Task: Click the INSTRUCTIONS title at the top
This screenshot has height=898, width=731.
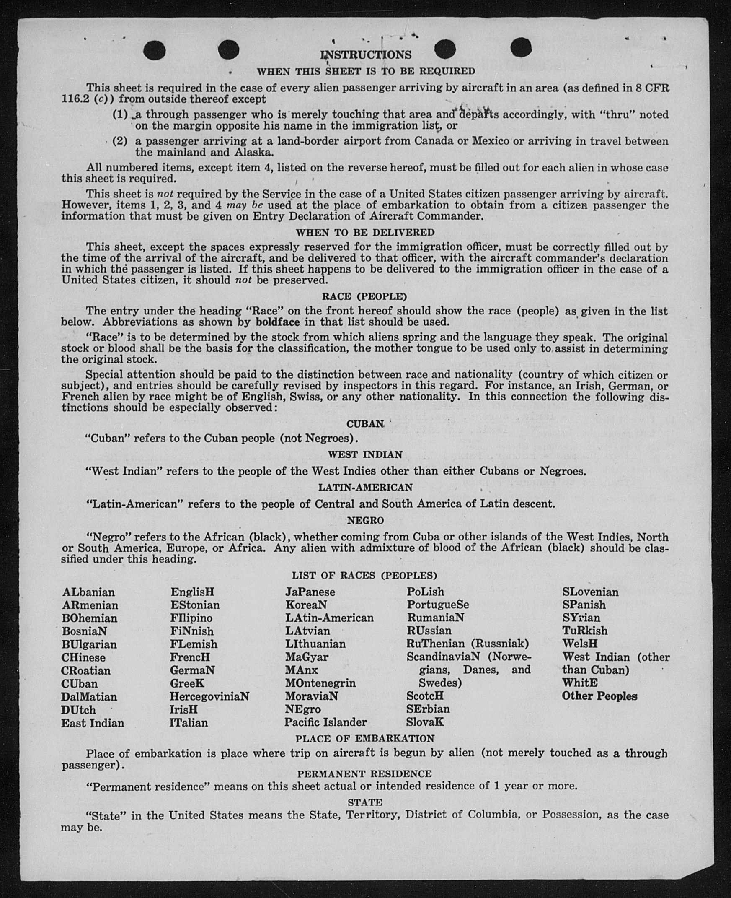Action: click(x=365, y=55)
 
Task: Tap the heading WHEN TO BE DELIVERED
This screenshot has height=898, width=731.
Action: click(x=365, y=233)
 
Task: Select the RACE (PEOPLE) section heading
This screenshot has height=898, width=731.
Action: click(x=364, y=296)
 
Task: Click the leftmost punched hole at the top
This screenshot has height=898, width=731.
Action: click(x=154, y=51)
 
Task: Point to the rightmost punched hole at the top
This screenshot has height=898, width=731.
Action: click(x=521, y=47)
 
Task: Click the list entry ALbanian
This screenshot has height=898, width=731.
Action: click(x=88, y=592)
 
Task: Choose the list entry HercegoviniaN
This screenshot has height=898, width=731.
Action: click(x=209, y=696)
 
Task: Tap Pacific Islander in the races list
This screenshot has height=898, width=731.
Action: click(x=325, y=722)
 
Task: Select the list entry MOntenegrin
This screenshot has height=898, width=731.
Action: click(x=320, y=683)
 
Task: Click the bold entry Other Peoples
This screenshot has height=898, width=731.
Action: click(x=599, y=696)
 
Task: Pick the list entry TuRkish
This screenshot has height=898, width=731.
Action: click(x=585, y=631)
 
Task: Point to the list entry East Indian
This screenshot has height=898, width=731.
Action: click(x=93, y=723)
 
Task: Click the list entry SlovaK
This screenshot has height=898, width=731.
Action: click(x=425, y=722)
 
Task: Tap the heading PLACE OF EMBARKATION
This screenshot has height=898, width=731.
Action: click(x=364, y=739)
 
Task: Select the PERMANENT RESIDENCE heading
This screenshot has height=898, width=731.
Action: click(x=364, y=774)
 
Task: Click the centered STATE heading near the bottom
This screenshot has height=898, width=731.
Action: click(x=364, y=802)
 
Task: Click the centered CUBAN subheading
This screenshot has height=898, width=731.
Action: click(x=364, y=424)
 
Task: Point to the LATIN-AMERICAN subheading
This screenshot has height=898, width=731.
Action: click(x=365, y=488)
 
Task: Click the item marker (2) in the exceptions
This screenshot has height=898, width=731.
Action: click(x=119, y=141)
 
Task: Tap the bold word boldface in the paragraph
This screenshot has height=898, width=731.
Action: click(x=278, y=322)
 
